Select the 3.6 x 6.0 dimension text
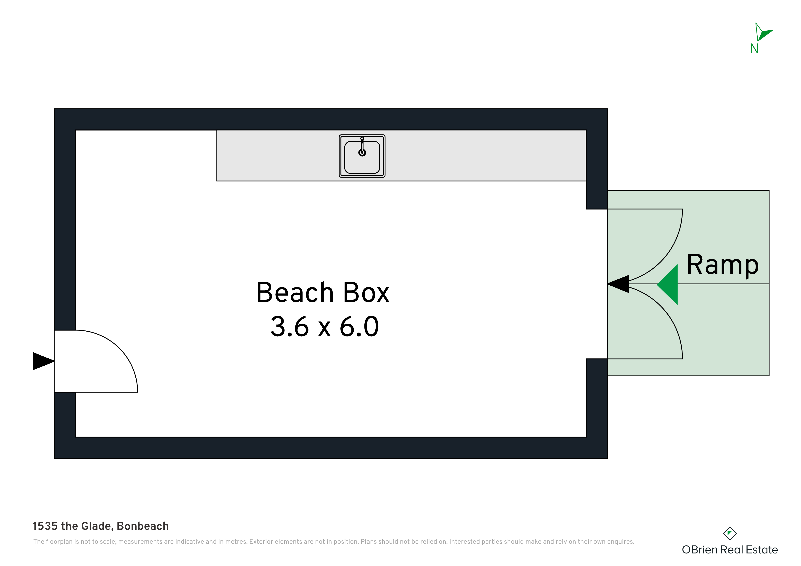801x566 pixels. [324, 326]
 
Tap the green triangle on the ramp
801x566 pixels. [667, 285]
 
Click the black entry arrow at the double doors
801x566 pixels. [618, 284]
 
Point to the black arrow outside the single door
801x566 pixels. [43, 361]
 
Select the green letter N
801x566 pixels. [754, 48]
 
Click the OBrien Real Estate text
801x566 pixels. [730, 550]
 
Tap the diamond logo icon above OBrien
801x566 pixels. [730, 534]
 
